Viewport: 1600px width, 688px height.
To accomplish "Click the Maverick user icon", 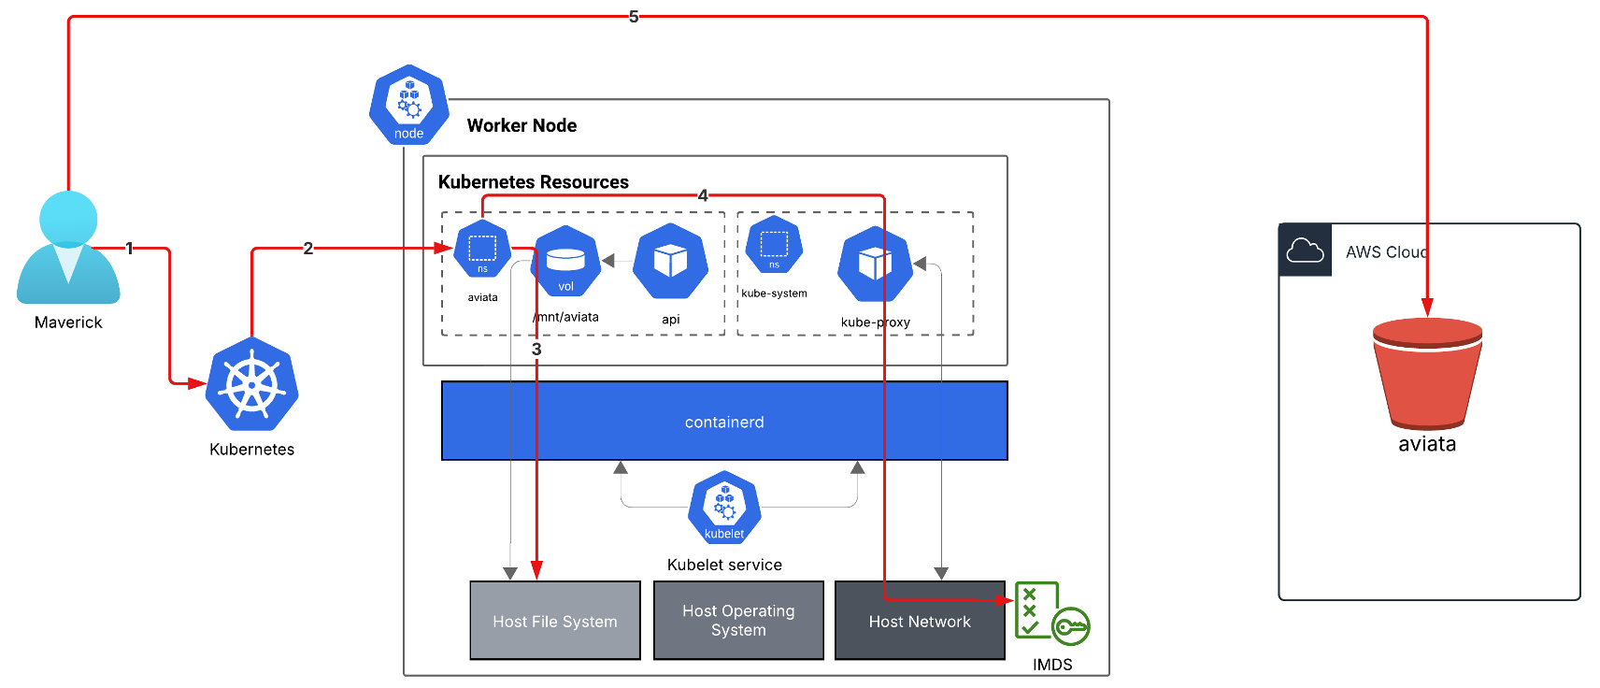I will pos(68,248).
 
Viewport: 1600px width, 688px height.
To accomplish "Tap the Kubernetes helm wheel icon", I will pos(251,384).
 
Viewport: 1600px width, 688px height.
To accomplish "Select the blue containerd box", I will pos(724,421).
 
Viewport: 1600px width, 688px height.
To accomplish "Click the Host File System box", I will pos(555,621).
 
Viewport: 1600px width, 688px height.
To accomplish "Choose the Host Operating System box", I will pos(738,621).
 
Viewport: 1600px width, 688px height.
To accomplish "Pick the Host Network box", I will pos(920,621).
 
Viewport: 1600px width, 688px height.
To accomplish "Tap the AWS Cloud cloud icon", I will pos(1305,251).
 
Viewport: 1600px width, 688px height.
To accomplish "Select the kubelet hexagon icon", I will pos(724,509).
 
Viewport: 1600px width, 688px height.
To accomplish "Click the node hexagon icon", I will pos(408,105).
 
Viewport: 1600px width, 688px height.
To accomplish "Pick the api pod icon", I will pos(670,262).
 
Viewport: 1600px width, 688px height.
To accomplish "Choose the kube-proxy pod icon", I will pos(875,264).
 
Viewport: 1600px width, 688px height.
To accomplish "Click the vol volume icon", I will pos(565,263).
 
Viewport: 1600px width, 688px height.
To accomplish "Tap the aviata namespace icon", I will pos(482,249).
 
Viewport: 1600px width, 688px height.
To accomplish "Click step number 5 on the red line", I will pos(634,17).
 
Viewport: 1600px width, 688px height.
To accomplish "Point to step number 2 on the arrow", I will pos(307,249).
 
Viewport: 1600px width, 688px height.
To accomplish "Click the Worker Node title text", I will pos(521,125).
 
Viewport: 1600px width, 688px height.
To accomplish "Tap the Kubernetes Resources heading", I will pos(534,182).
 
